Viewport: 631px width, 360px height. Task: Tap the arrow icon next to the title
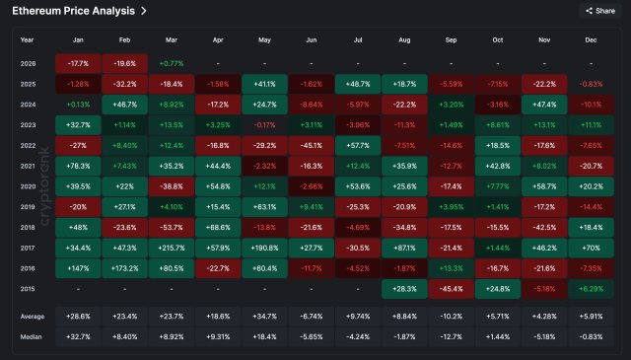[144, 11]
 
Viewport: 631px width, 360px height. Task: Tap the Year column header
[27, 40]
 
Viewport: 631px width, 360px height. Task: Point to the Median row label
[32, 335]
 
